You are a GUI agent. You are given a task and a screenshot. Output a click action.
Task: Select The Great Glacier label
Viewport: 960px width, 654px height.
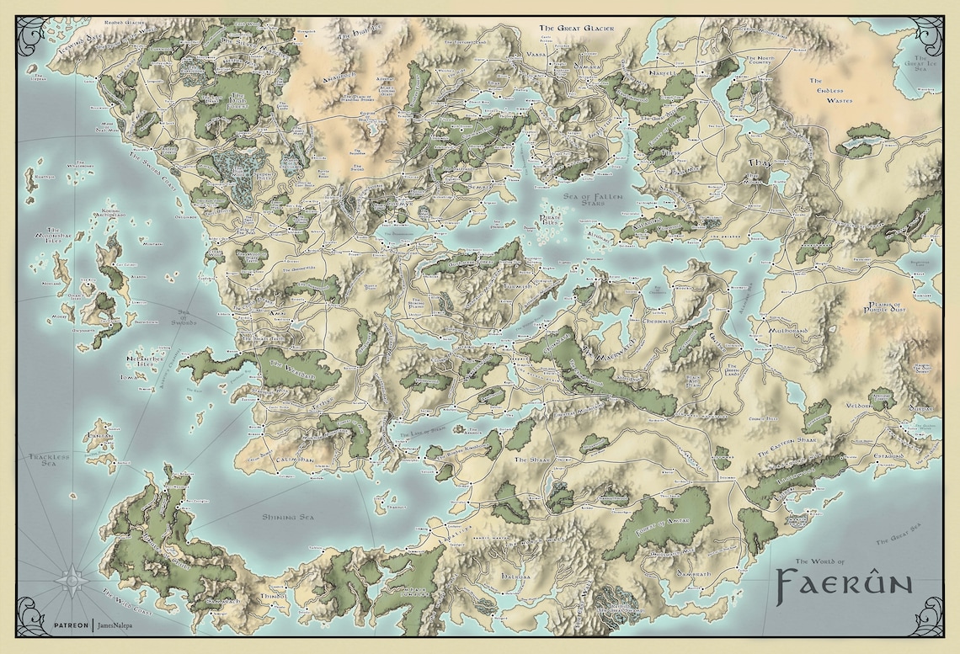pyautogui.click(x=577, y=29)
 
